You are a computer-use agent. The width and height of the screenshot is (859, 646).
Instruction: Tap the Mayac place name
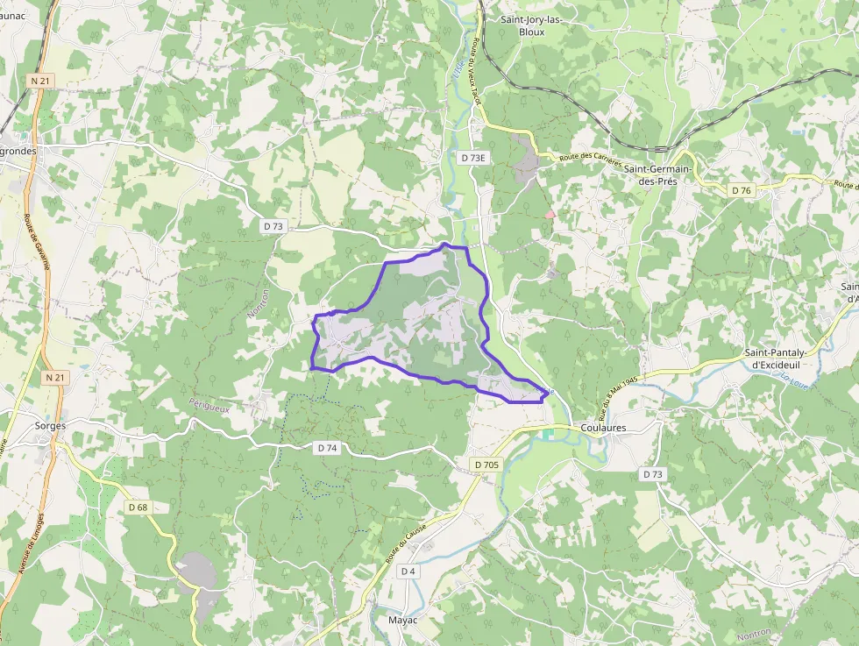(x=403, y=620)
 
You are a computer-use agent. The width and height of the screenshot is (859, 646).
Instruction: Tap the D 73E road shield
(x=473, y=158)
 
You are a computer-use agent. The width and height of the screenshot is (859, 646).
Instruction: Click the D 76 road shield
(x=741, y=190)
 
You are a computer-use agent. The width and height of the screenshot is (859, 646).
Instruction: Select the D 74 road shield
(x=327, y=448)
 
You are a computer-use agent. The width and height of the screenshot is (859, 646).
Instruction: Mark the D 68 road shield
(x=138, y=507)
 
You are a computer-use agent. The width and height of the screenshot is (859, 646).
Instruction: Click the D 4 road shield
(x=408, y=571)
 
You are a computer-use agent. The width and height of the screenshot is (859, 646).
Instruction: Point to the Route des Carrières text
(x=591, y=161)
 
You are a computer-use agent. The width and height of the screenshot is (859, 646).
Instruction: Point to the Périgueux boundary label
(x=208, y=405)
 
